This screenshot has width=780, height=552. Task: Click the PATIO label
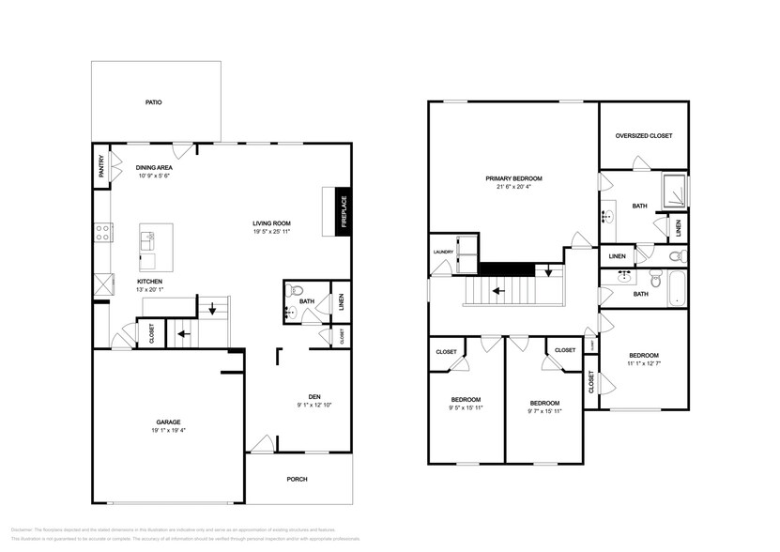[153, 101]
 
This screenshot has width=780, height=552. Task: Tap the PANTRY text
[101, 166]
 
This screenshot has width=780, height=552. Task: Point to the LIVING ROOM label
[270, 222]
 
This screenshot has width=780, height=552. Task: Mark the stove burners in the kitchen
[102, 231]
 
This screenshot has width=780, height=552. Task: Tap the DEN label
[315, 396]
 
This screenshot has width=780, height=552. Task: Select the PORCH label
[298, 479]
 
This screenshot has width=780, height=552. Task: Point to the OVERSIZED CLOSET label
[644, 136]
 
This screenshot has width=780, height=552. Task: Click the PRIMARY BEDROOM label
[513, 178]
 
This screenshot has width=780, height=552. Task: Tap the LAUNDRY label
[443, 252]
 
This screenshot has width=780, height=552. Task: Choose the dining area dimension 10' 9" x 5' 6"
[153, 176]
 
